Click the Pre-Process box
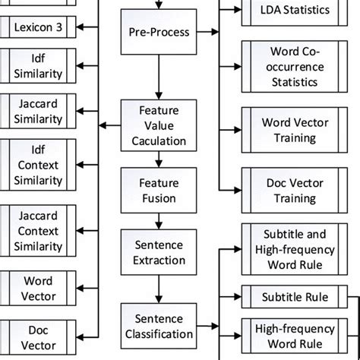point(158,33)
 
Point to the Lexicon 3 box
point(36,29)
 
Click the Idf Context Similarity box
point(36,170)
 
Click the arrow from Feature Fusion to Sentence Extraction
point(158,220)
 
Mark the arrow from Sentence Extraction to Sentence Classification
point(158,287)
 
